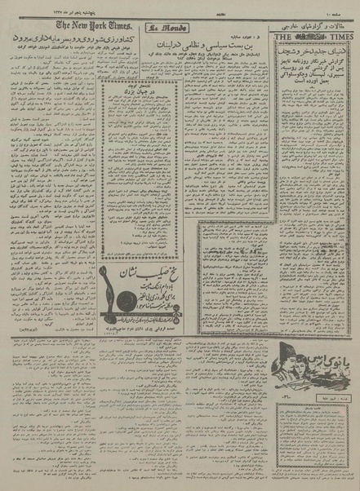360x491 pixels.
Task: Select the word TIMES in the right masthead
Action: pyautogui.click(x=340, y=36)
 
